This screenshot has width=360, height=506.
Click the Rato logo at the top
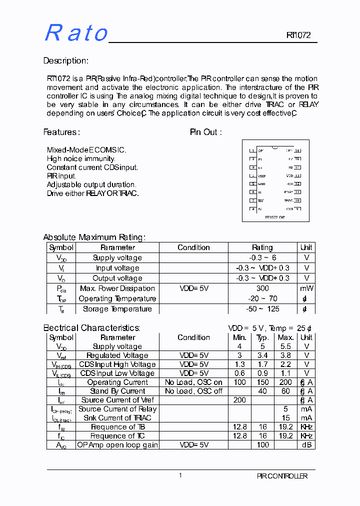pos(76,33)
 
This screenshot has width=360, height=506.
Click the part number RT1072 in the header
pos(298,35)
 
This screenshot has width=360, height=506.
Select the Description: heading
pos(65,61)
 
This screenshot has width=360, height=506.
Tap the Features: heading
pos(61,132)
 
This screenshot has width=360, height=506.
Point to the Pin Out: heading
pos(205,132)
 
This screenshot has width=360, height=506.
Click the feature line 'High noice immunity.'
pos(81,158)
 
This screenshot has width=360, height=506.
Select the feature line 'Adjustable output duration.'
pos(91,184)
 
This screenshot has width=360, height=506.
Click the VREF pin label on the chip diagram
pos(261,176)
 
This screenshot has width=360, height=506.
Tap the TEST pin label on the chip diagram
pos(261,200)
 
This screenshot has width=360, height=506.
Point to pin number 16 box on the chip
pos(297,150)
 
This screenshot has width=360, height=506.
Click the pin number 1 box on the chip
pos(253,150)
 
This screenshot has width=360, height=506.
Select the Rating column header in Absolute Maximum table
pos(262,247)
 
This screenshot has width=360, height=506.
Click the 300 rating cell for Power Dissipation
pos(262,288)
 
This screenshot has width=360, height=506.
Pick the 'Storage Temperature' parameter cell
pos(117,309)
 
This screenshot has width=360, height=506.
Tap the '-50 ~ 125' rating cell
pos(262,309)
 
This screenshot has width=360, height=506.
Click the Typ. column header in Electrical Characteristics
pos(262,337)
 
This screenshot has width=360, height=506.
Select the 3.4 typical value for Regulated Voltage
pos(262,355)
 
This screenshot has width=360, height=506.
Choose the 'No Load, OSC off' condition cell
pos(193,391)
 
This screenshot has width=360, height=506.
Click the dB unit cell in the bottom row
pos(306,444)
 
